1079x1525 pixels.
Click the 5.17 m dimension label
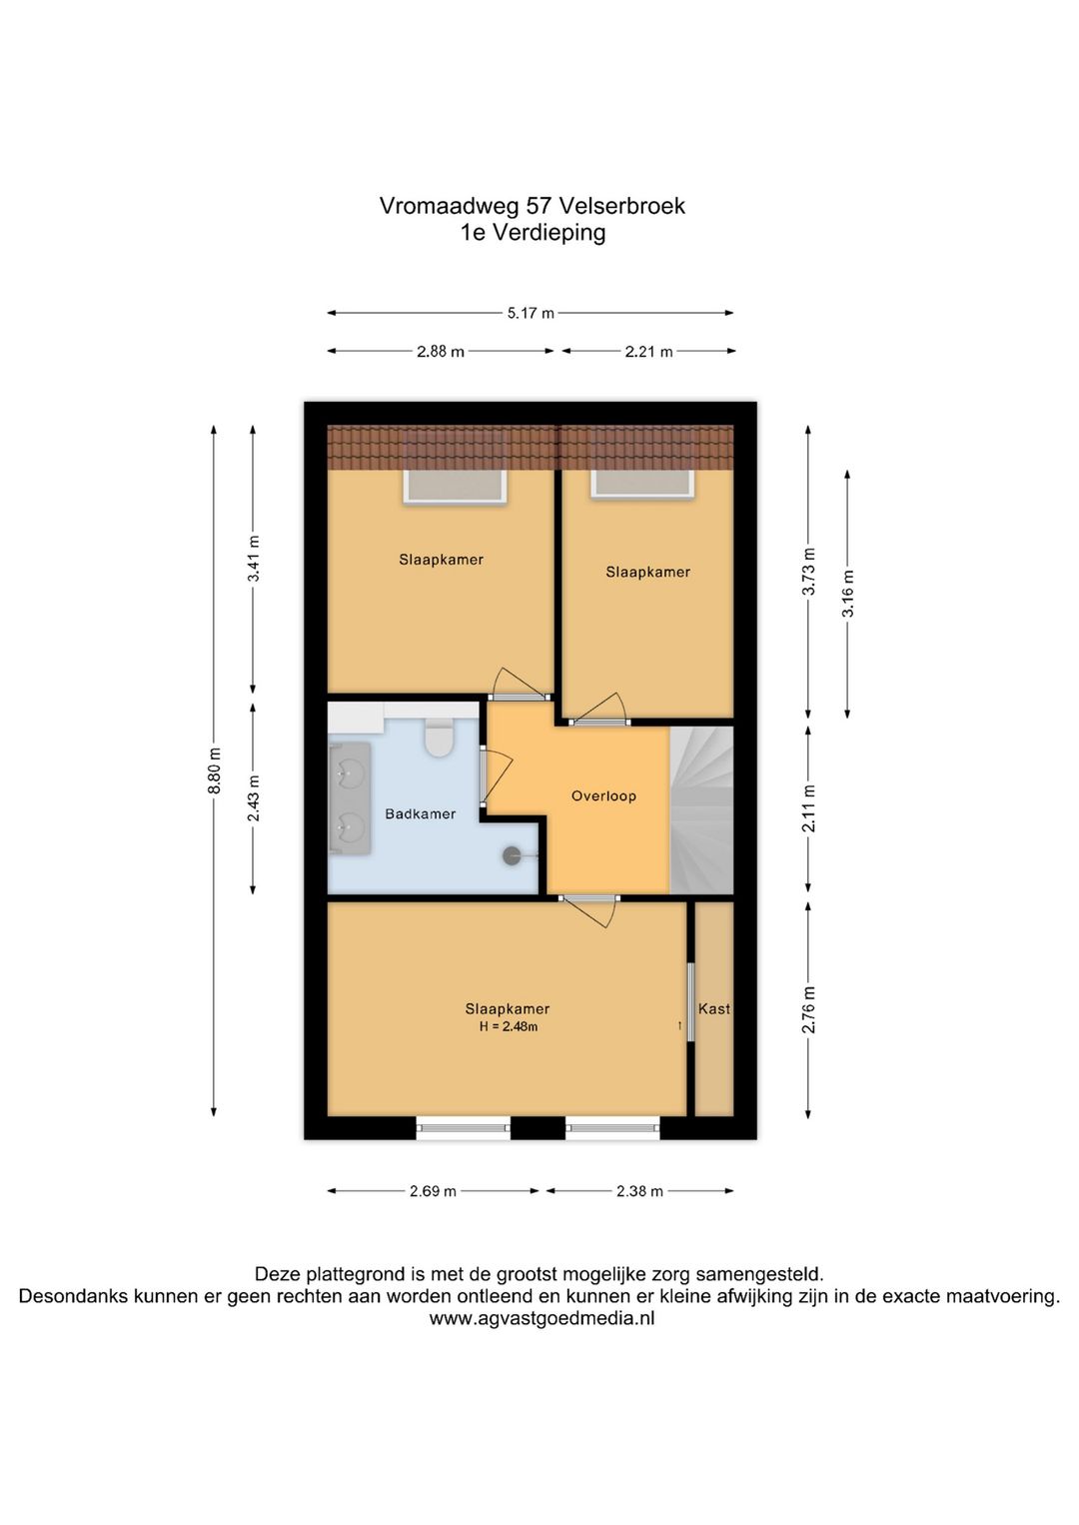531,313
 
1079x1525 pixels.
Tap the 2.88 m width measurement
441,352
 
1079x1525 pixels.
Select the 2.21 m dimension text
648,352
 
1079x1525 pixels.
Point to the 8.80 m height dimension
214,769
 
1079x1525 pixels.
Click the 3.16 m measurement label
847,593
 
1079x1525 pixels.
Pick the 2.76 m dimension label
808,1009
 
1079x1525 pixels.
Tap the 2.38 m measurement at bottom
639,1191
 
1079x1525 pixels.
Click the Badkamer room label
420,813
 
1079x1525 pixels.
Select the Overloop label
603,795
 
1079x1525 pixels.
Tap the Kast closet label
714,1009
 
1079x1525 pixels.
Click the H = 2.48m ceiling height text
508,1026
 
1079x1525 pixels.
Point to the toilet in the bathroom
439,738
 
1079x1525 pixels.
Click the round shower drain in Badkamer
512,855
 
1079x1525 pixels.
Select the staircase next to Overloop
702,809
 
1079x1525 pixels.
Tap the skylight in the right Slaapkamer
642,483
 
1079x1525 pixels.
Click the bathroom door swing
497,775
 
